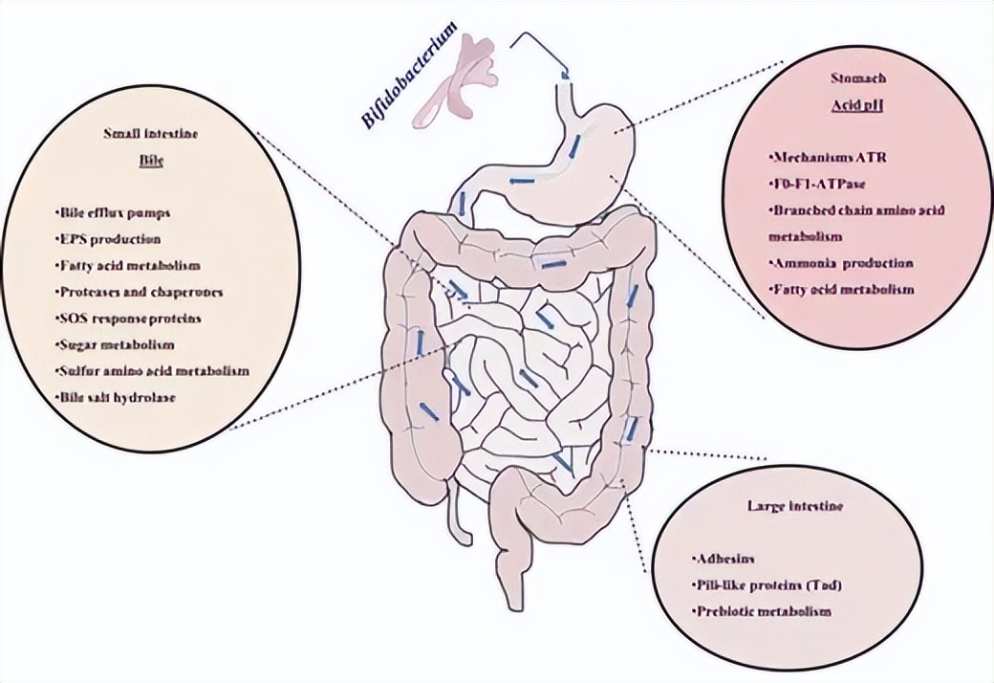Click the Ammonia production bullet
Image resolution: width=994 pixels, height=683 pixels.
[840, 262]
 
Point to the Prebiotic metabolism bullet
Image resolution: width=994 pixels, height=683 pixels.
[759, 609]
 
